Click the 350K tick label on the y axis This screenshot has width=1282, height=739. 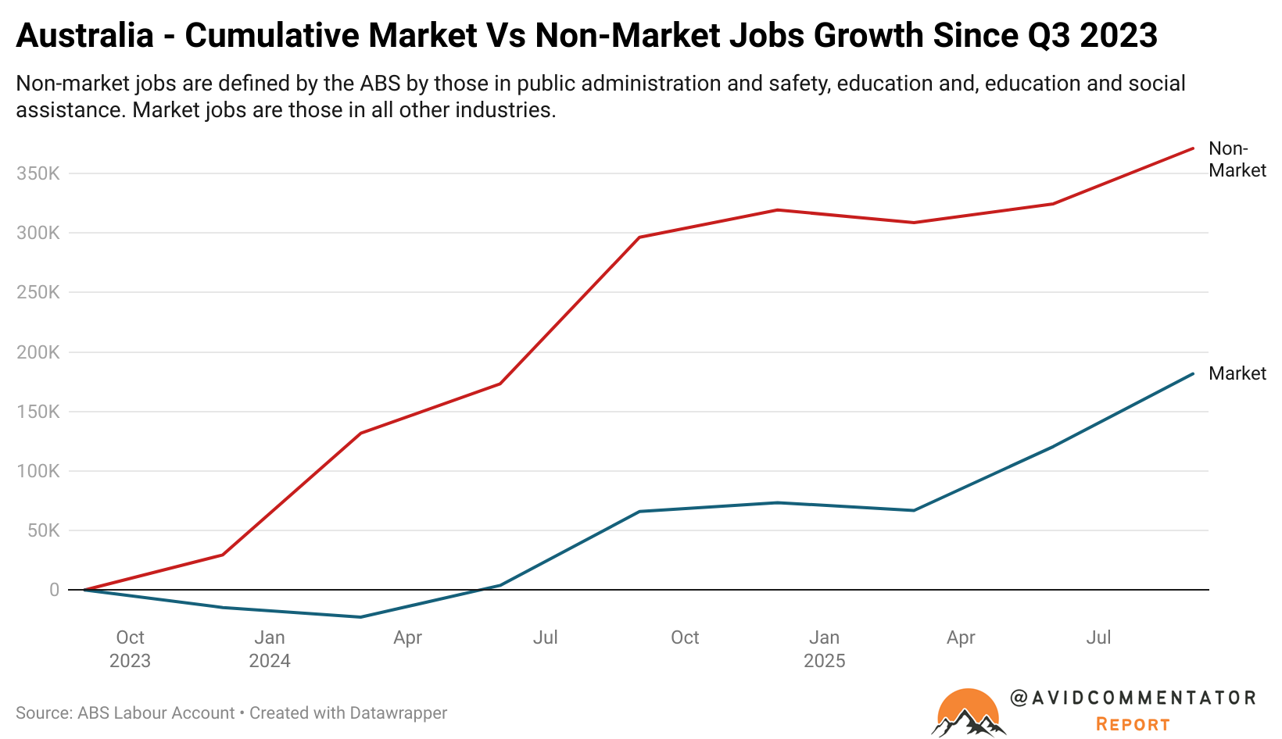pyautogui.click(x=38, y=173)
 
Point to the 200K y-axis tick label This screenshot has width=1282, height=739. pyautogui.click(x=38, y=352)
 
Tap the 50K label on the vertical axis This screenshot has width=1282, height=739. pyautogui.click(x=42, y=531)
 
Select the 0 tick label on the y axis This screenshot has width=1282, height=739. pyautogui.click(x=54, y=591)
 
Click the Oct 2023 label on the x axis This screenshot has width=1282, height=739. pyautogui.click(x=130, y=649)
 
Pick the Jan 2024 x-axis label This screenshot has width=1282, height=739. pyautogui.click(x=270, y=649)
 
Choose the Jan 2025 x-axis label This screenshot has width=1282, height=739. pyautogui.click(x=824, y=649)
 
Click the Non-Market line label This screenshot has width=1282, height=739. pyautogui.click(x=1236, y=159)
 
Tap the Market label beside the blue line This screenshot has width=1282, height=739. pyautogui.click(x=1237, y=373)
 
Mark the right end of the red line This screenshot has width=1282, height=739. pyautogui.click(x=1193, y=148)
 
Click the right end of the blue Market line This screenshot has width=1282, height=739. pyautogui.click(x=1193, y=373)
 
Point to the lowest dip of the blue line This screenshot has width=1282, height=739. pyautogui.click(x=360, y=617)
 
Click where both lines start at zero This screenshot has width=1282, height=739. pyautogui.click(x=84, y=590)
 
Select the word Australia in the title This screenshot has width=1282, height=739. pyautogui.click(x=84, y=36)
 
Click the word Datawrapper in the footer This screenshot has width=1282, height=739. pyautogui.click(x=398, y=713)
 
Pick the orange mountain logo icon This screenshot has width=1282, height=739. pyautogui.click(x=968, y=712)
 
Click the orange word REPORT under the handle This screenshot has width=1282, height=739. pyautogui.click(x=1133, y=725)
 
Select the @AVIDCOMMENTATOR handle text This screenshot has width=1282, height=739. pyautogui.click(x=1133, y=698)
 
